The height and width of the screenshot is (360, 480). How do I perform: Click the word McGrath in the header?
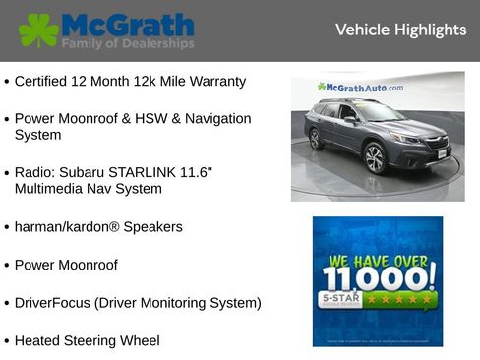click(x=127, y=24)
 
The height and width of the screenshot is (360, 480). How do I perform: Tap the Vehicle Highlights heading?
click(x=400, y=30)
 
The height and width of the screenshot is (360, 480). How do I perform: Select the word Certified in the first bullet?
click(x=45, y=82)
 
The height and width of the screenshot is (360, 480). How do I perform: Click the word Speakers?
click(x=153, y=226)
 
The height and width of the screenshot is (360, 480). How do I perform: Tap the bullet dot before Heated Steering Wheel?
click(x=7, y=341)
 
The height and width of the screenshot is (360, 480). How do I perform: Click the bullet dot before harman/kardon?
click(x=7, y=227)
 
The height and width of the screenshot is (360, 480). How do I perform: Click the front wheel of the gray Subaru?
click(x=375, y=157)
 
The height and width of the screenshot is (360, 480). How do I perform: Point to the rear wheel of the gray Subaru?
click(x=316, y=139)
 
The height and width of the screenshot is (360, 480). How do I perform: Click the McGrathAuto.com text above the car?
click(x=360, y=88)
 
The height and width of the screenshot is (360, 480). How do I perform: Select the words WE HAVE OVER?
click(x=378, y=261)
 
